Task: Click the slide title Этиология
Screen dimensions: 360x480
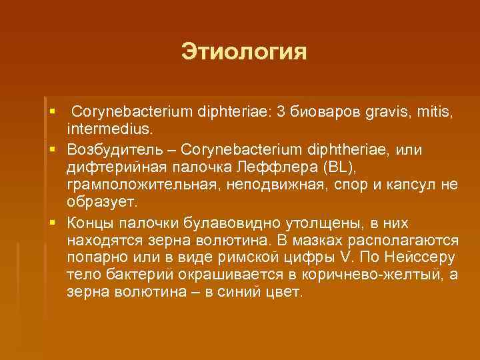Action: [x=244, y=52]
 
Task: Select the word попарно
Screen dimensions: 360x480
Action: [x=95, y=257]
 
